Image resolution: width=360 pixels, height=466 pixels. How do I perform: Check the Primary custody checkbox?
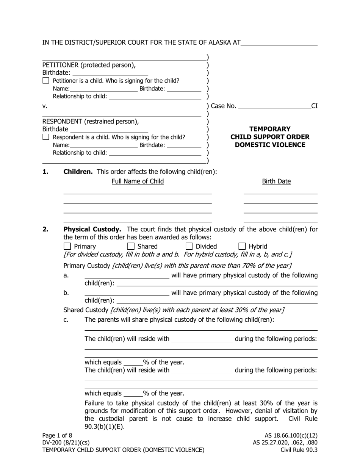click(x=67, y=247)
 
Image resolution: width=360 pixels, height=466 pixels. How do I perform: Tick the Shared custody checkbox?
click(x=131, y=247)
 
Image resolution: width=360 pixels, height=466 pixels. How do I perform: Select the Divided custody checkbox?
click(x=189, y=247)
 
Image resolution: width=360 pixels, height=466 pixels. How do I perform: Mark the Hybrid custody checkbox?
click(x=242, y=247)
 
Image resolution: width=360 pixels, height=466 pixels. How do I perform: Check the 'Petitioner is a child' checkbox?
click(x=46, y=81)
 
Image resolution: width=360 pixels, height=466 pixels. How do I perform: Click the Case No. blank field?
click(x=274, y=106)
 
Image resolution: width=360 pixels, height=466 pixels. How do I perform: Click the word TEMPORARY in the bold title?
click(x=270, y=129)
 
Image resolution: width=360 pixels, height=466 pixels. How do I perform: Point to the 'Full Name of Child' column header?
click(x=138, y=181)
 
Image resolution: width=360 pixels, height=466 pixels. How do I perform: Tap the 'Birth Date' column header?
click(x=277, y=181)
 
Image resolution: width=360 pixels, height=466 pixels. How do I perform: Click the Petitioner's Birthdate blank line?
click(x=110, y=73)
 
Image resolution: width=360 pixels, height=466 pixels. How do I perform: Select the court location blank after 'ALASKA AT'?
click(x=279, y=43)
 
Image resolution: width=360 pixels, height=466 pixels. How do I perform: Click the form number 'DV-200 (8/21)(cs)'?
click(x=66, y=443)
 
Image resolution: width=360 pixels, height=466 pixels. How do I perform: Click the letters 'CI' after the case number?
click(x=314, y=106)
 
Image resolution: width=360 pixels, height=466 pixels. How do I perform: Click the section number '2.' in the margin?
click(x=45, y=229)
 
